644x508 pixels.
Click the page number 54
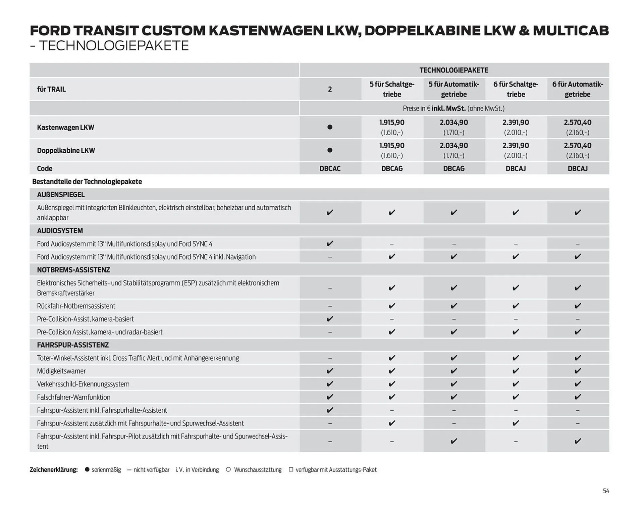point(606,491)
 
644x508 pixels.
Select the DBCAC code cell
point(330,168)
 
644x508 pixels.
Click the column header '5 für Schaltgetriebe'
point(392,89)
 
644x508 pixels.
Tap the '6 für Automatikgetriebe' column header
point(578,89)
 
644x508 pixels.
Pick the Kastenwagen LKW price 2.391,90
point(516,122)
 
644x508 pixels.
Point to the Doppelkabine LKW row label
point(66,150)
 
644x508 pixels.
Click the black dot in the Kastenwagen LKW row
point(330,127)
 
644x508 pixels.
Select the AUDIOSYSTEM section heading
point(60,231)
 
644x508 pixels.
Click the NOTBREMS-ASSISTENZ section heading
point(73,270)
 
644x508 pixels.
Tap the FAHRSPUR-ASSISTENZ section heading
point(73,345)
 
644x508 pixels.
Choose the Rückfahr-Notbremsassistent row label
point(76,306)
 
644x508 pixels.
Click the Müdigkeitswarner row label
point(61,371)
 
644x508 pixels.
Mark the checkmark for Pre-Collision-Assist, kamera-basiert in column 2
point(330,319)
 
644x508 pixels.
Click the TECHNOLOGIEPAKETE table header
point(453,70)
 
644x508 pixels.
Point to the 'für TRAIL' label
point(51,89)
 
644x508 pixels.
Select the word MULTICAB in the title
point(571,31)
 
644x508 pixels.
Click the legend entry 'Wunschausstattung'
point(258,470)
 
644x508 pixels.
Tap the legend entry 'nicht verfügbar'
point(151,470)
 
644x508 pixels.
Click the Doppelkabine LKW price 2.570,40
point(577,146)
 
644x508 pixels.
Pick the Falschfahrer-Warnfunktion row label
point(74,397)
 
